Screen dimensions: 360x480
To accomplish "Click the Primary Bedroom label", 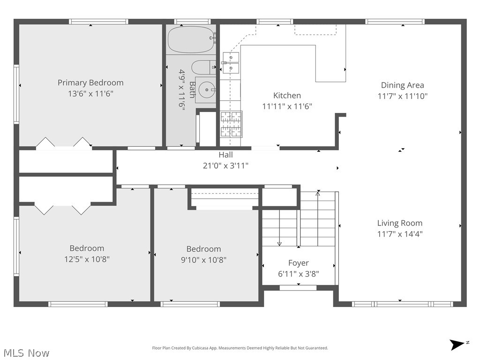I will pos(90,82).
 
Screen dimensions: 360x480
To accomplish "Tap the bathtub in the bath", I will pos(191,39).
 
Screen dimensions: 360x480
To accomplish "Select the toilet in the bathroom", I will pos(203,67).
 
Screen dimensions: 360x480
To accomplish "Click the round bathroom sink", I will pos(206,89).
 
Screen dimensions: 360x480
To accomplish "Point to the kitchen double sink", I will pos(231,63).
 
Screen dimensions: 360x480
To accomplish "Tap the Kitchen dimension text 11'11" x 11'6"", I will pos(287,106).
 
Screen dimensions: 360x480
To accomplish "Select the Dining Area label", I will pos(402,85).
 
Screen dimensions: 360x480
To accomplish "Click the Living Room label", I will pos(400,223).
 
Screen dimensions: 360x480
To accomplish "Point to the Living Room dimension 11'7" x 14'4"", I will pos(400,234).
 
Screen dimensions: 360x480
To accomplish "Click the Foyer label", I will pos(298,263).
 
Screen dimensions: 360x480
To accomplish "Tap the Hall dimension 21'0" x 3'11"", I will pos(225,165).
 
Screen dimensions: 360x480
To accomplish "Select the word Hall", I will pos(225,155).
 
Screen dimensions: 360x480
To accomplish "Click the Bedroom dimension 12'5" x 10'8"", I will pos(87,259).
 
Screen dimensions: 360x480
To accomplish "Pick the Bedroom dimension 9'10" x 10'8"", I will pos(203,260).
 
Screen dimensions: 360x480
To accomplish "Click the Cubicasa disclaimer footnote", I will pos(240,348).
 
